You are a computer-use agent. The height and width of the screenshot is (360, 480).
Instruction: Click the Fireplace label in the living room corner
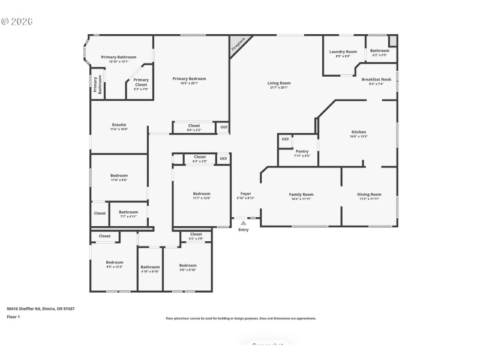click(239, 47)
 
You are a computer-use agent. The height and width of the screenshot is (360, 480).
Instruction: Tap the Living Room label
click(278, 83)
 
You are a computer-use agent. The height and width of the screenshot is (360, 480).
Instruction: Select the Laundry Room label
click(343, 52)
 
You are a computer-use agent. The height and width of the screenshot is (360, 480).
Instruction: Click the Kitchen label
click(359, 132)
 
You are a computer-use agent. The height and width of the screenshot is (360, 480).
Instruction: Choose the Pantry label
click(302, 151)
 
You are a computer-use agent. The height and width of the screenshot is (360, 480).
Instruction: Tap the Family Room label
click(301, 194)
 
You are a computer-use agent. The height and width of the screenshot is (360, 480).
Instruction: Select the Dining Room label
click(369, 194)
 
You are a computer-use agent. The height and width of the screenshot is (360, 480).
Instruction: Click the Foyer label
click(245, 194)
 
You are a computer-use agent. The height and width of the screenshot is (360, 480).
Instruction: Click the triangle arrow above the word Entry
click(243, 223)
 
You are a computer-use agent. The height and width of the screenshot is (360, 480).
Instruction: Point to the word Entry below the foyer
click(243, 230)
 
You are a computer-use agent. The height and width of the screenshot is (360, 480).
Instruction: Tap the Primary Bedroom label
click(189, 79)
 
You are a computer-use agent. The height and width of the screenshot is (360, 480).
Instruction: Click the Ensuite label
click(119, 125)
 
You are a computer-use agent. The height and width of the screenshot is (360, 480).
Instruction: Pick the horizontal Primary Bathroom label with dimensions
click(119, 57)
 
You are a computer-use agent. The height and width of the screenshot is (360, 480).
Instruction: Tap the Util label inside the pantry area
click(285, 139)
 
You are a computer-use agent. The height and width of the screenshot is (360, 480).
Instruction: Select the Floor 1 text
click(13, 316)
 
